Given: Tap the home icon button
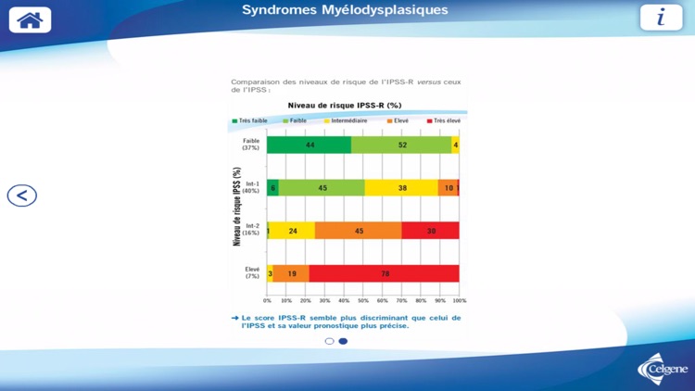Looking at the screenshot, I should tap(30, 19).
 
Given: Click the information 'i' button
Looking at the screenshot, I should tap(661, 18).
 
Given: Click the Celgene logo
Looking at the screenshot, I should tap(663, 370).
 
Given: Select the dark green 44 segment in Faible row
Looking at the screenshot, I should tap(310, 145).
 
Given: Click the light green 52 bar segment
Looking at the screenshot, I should tap(401, 145).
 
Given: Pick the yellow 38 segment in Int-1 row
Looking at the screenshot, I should tap(401, 187).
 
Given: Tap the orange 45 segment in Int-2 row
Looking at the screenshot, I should tap(358, 231).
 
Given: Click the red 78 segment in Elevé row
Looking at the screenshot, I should tap(384, 273).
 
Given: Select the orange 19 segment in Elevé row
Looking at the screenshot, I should tap(291, 273).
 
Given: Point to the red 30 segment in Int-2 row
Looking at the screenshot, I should tap(430, 231).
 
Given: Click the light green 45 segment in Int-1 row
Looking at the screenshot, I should tap(322, 187).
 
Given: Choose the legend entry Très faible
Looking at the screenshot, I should tap(250, 120).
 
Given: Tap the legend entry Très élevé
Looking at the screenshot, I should tap(444, 120).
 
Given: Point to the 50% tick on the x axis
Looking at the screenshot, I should tap(363, 300).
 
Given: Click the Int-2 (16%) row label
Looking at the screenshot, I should tap(251, 230).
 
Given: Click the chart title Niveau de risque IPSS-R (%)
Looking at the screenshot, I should tap(344, 106).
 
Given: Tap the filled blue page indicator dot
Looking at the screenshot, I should tap(343, 341).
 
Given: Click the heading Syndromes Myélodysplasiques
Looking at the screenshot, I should tap(345, 10).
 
